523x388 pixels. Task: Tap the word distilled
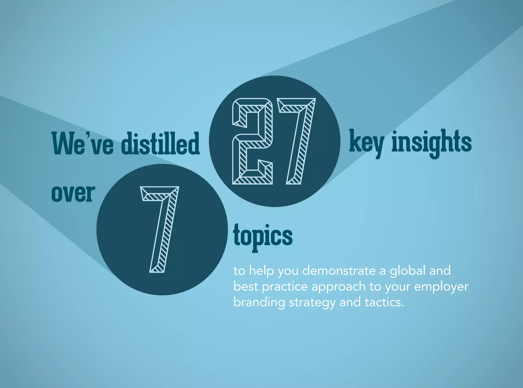[x=160, y=143]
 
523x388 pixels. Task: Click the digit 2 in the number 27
[x=252, y=141]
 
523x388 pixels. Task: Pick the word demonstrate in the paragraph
[x=339, y=271]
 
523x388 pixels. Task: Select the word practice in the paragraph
[x=285, y=287]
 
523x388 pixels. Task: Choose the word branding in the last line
[x=259, y=303]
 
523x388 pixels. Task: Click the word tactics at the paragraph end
[x=384, y=302]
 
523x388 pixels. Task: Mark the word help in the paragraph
[x=261, y=271]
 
